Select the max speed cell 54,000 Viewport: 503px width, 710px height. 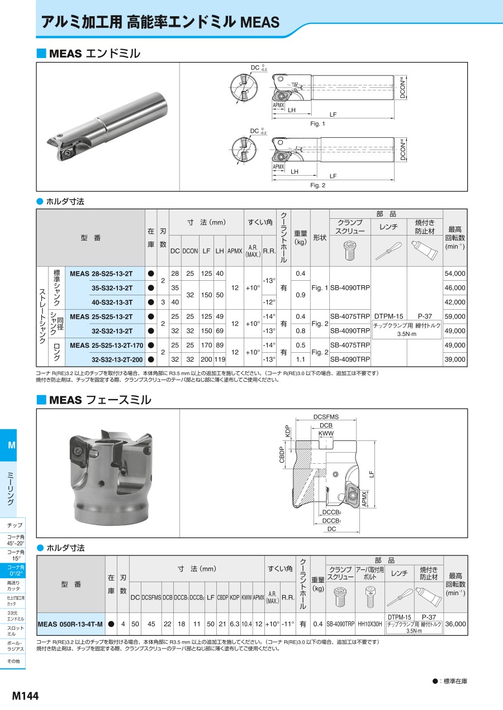coord(454,274)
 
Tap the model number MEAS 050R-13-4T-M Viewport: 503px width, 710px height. coord(70,624)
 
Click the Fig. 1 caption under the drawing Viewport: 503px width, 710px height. coord(317,123)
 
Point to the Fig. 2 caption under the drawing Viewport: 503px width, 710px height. coord(317,185)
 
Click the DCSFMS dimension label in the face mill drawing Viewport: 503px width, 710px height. coord(326,417)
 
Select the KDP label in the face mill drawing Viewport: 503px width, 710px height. coord(288,432)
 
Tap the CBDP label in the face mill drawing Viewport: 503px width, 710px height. coord(282,455)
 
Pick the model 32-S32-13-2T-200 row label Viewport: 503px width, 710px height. coord(121,359)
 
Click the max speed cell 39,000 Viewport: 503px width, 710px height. coord(454,359)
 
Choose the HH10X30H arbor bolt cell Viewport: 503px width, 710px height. coord(370,624)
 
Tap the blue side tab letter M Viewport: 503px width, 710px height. coord(11,445)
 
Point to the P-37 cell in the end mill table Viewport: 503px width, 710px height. coord(425,316)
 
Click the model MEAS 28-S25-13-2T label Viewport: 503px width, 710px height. coord(101,274)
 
